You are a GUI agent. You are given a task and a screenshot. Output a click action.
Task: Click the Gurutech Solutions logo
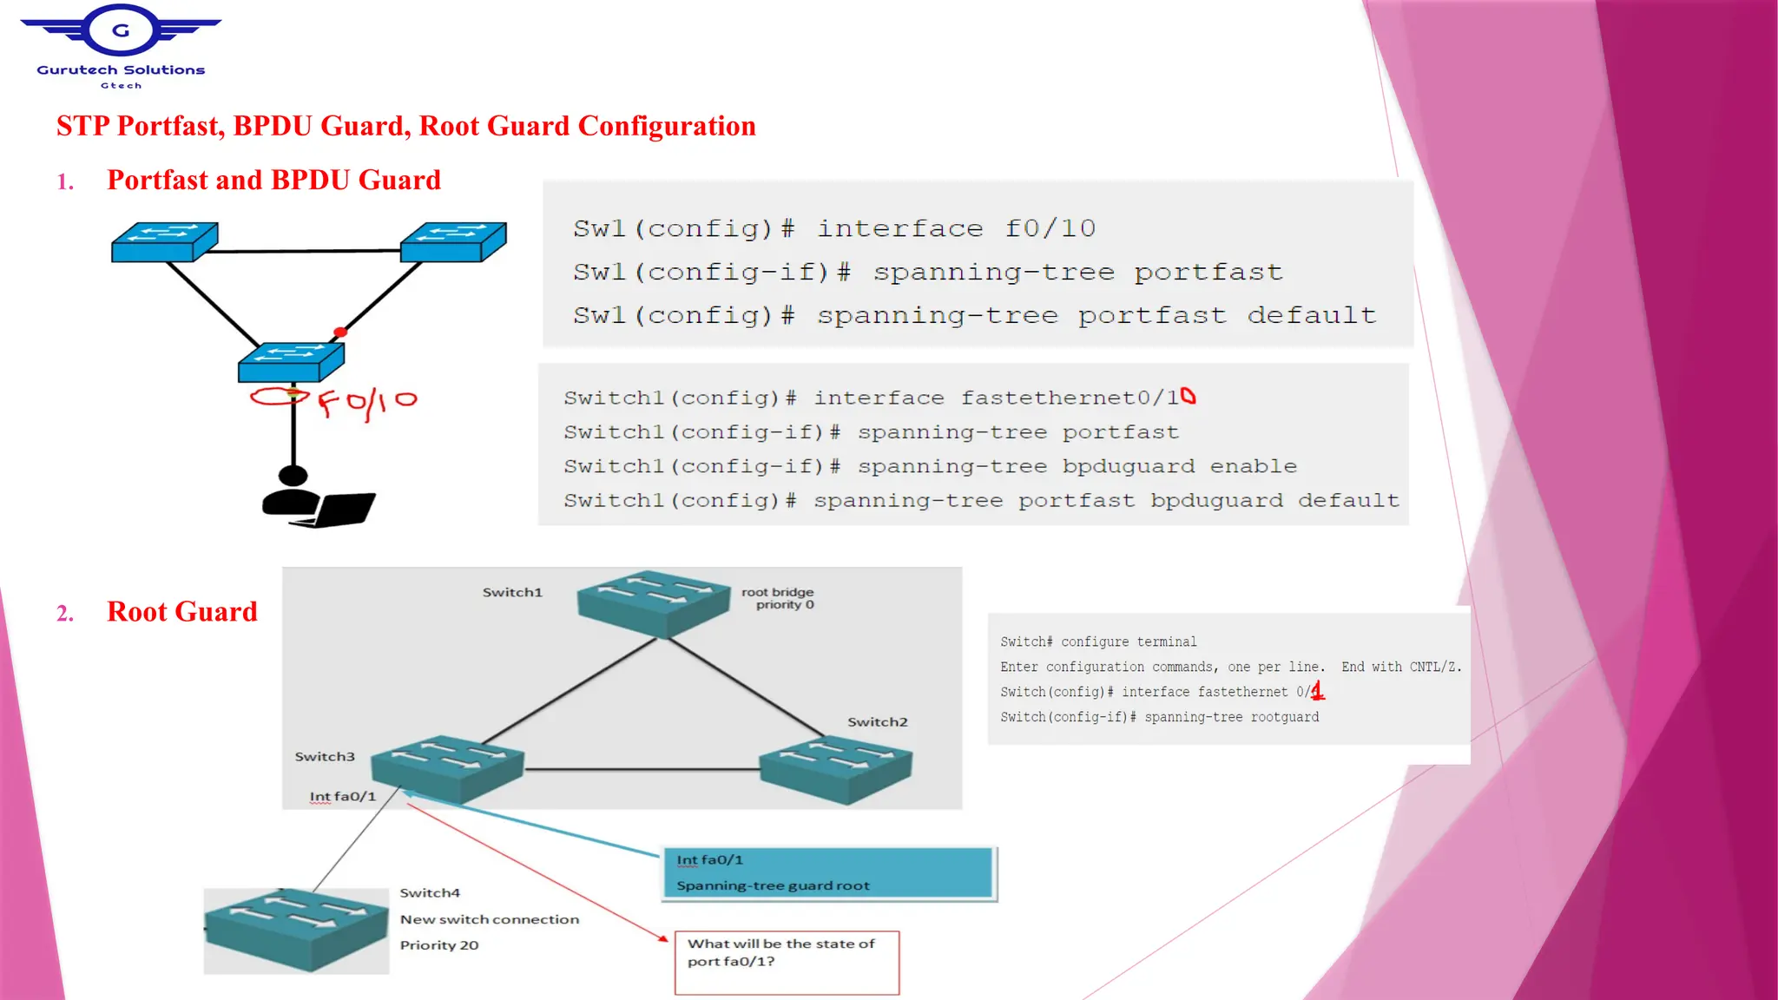point(121,45)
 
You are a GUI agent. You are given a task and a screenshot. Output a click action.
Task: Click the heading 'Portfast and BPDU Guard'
point(273,180)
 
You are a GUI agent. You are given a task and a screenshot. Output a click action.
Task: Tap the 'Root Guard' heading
point(181,611)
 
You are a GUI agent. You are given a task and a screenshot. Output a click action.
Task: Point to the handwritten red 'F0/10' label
point(366,403)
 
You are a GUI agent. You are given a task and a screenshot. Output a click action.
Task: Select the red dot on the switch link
point(340,332)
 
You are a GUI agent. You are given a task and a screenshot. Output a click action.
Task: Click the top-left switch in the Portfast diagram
point(164,241)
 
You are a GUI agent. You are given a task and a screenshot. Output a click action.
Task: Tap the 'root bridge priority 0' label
point(779,598)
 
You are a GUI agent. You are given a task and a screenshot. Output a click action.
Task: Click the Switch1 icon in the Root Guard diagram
point(653,602)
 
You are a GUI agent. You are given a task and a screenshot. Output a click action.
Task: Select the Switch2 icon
point(835,767)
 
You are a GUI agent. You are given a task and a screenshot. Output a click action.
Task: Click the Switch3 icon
point(447,767)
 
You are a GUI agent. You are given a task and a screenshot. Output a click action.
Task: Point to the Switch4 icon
point(296,930)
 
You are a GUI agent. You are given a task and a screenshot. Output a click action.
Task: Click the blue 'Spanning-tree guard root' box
point(829,873)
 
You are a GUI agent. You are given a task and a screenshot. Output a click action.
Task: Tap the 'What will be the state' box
point(787,962)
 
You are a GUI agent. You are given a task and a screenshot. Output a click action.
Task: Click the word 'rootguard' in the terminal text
point(1284,717)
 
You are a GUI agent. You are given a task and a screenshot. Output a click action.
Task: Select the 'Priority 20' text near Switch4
point(439,945)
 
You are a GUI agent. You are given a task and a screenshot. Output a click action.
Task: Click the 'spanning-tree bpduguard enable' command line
point(930,466)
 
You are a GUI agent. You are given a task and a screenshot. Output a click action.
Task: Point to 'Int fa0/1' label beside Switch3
point(343,796)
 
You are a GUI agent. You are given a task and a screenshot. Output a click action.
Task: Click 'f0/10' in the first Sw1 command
point(1050,228)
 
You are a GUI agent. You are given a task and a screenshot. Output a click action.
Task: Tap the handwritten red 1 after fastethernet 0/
point(1318,691)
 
